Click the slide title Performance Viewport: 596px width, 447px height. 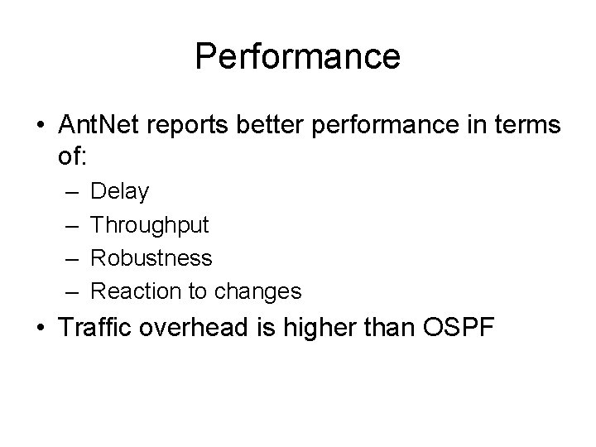[298, 56]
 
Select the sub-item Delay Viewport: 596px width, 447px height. [119, 192]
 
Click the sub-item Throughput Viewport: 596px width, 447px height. [150, 225]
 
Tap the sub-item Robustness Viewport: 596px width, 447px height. [151, 257]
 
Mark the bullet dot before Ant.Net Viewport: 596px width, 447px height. [41, 126]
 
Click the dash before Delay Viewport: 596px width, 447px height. [65, 193]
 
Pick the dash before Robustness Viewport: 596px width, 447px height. [65, 258]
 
